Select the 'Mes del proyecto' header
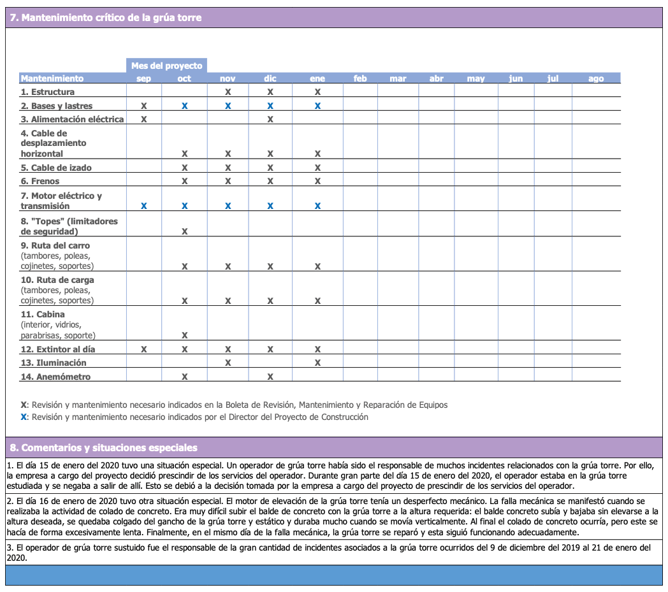coord(166,66)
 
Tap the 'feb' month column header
coord(360,78)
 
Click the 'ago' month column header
coord(596,78)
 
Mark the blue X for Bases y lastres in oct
coord(184,106)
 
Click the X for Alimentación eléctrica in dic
coord(270,119)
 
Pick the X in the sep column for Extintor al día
coord(144,349)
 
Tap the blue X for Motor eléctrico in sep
coord(144,206)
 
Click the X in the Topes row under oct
coord(184,231)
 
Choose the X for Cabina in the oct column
coord(184,335)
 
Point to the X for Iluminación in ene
coord(317,363)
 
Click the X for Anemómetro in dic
coord(270,377)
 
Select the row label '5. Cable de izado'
coord(56,168)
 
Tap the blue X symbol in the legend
coord(24,417)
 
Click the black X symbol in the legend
coord(24,405)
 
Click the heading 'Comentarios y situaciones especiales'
coord(108,447)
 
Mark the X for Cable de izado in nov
coord(228,168)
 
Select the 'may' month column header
coord(476,78)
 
